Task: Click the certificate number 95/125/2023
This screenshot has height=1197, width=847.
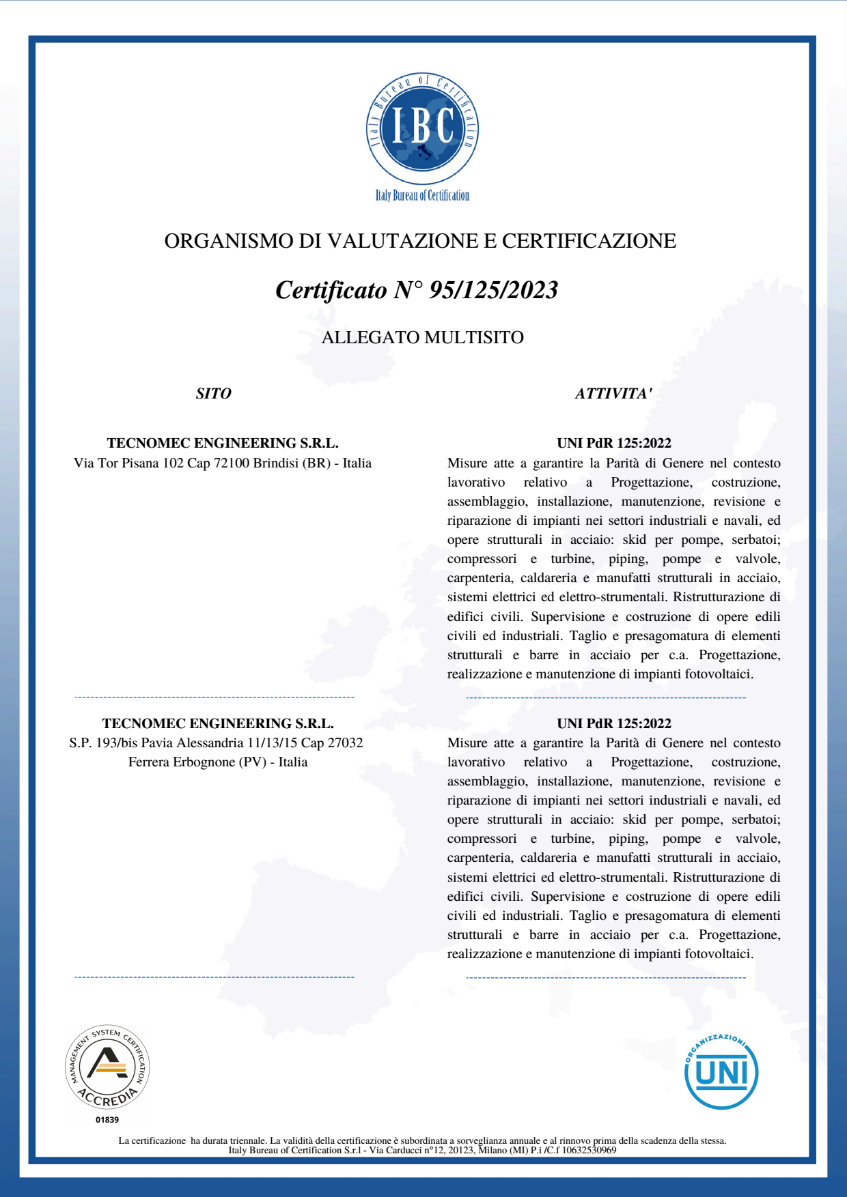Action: pos(493,290)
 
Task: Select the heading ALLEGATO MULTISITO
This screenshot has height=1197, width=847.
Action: pos(423,337)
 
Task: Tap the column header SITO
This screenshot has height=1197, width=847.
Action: pos(213,393)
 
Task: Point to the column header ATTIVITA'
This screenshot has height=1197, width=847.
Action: pos(613,393)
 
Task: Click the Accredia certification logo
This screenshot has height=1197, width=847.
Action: pos(107,1067)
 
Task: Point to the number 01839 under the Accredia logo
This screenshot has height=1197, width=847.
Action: pos(107,1120)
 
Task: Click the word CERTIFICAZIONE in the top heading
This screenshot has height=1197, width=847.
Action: pos(589,241)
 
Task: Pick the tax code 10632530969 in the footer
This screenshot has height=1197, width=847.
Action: pos(589,1150)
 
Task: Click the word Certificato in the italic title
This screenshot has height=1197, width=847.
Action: pos(331,290)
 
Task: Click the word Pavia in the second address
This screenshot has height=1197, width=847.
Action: pos(158,742)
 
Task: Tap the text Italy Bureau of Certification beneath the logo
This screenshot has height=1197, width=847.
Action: pos(422,195)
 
